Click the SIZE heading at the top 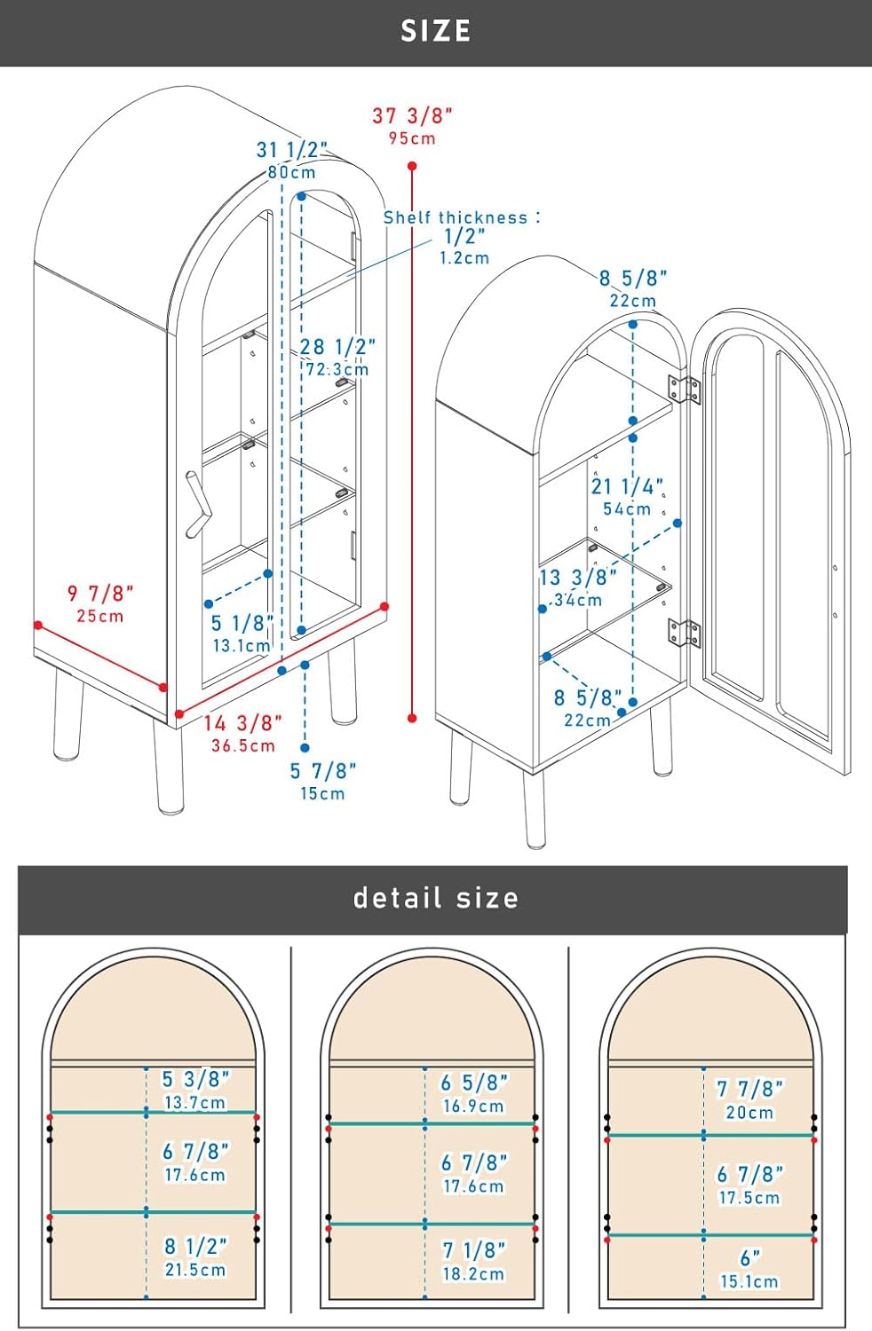[x=435, y=31]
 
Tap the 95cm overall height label [x=412, y=138]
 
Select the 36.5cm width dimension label [x=243, y=745]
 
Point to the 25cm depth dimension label [x=100, y=616]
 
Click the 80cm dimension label [x=291, y=173]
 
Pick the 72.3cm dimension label [x=337, y=370]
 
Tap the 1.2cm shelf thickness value [x=464, y=258]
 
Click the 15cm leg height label [x=322, y=794]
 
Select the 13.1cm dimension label [x=242, y=646]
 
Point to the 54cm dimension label [x=627, y=509]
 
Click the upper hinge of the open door [x=684, y=390]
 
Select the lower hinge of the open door [x=684, y=633]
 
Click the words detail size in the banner [x=435, y=898]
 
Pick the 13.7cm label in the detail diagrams [x=195, y=1103]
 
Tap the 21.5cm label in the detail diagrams [x=195, y=1270]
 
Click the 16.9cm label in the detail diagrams [x=473, y=1107]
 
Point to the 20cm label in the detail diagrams [x=749, y=1113]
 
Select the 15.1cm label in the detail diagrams [x=749, y=1281]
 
